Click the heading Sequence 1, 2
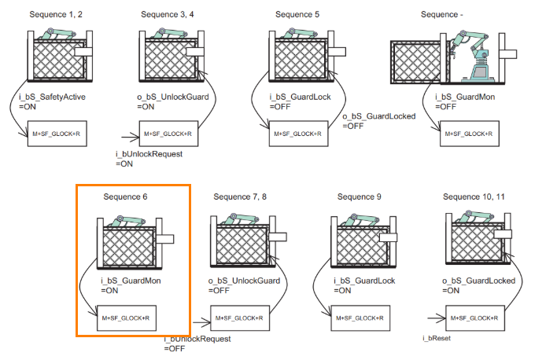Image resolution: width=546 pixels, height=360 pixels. (55, 15)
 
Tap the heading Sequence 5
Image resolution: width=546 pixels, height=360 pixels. (298, 15)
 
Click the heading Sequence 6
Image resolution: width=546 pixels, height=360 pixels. (125, 196)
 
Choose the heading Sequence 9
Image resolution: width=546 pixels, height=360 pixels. (359, 196)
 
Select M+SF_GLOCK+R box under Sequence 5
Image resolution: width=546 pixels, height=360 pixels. (298, 134)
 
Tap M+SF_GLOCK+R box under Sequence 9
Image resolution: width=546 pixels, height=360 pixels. (359, 318)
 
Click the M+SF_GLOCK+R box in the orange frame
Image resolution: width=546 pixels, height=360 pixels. (126, 318)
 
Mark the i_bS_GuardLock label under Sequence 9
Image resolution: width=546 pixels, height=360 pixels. (359, 281)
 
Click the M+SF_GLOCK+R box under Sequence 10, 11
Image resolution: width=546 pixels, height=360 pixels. (471, 318)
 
